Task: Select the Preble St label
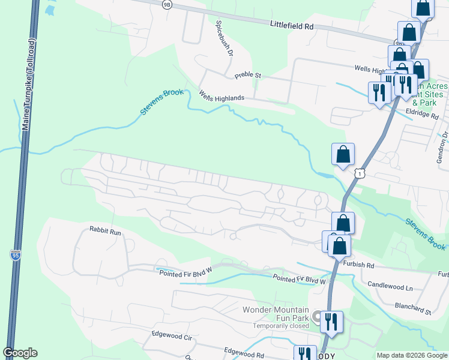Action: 248,76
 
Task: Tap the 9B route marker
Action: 166,4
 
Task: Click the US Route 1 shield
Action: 359,173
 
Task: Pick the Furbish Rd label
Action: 359,265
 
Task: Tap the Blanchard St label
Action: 413,311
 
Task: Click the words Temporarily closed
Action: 280,326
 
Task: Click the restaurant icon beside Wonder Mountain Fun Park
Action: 331,322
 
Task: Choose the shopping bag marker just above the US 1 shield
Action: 343,154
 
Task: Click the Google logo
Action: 19,353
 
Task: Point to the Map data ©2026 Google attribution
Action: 411,355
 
